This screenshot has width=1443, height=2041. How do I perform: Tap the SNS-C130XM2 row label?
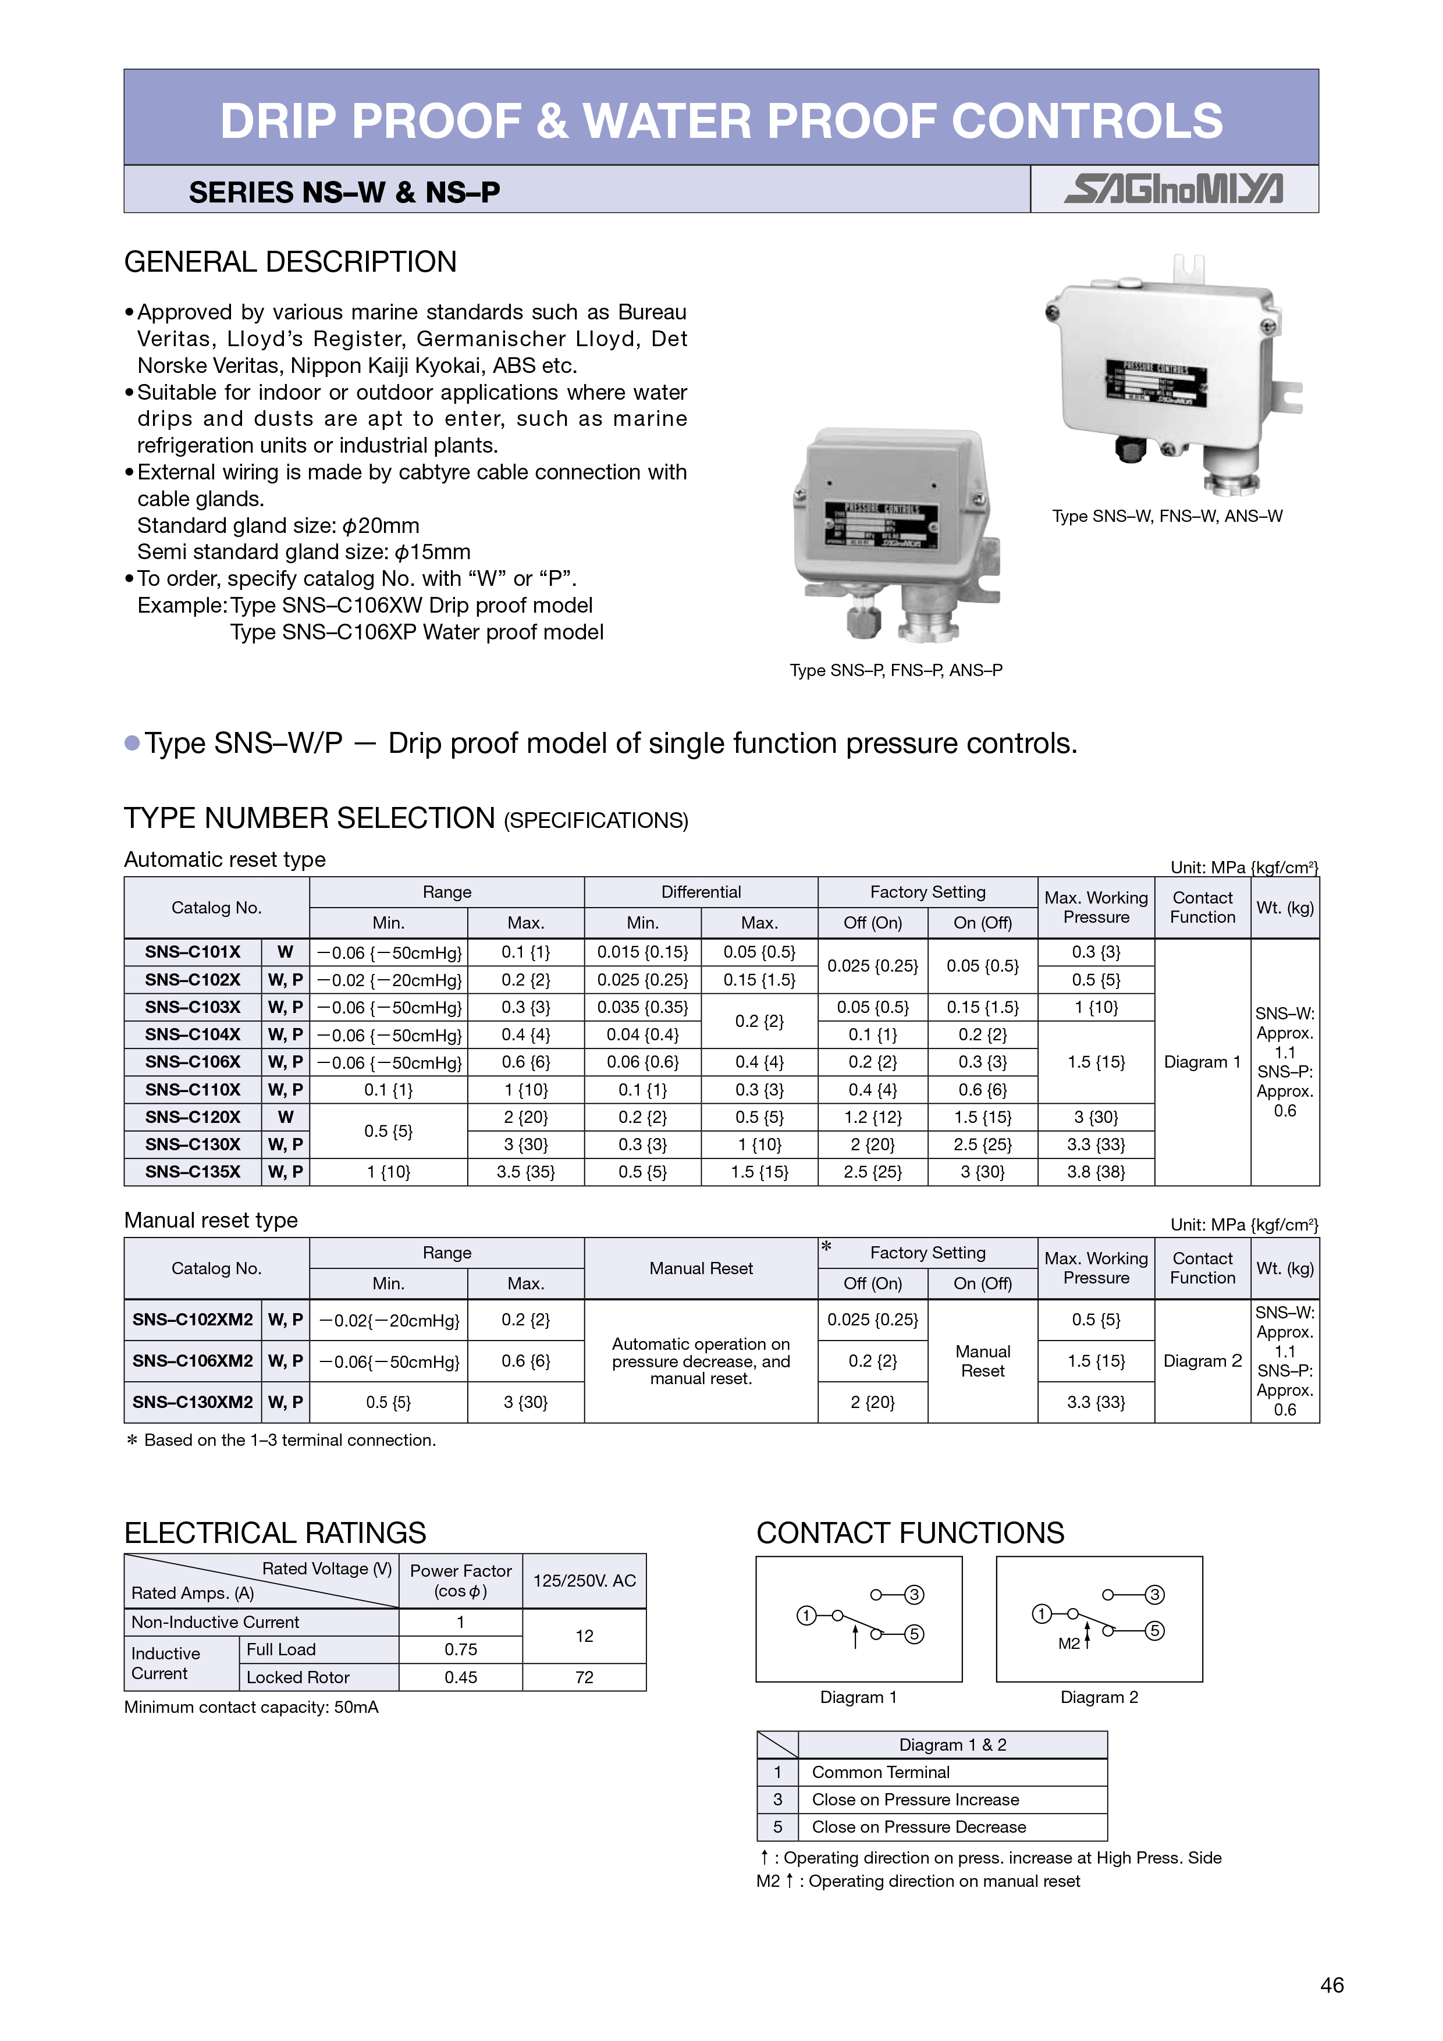point(193,1402)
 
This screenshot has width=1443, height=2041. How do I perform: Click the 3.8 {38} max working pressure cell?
point(1096,1172)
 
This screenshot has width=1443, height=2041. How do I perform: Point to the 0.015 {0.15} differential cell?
point(642,952)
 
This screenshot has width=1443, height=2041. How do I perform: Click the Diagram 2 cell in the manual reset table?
point(1202,1361)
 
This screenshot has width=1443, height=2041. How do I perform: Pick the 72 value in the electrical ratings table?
point(584,1677)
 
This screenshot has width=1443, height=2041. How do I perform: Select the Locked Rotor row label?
point(298,1677)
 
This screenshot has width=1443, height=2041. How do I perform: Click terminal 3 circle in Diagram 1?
point(914,1595)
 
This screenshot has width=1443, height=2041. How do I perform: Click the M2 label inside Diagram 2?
point(1069,1644)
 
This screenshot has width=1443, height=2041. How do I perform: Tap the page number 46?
point(1332,1985)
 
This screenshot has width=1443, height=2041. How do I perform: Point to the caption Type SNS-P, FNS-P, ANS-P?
point(896,670)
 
